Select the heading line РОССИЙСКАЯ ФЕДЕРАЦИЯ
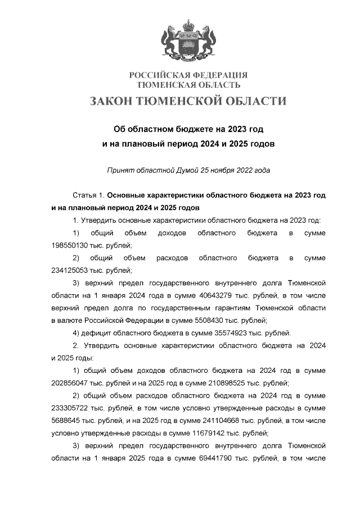[x=188, y=75]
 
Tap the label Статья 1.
[x=89, y=196]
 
